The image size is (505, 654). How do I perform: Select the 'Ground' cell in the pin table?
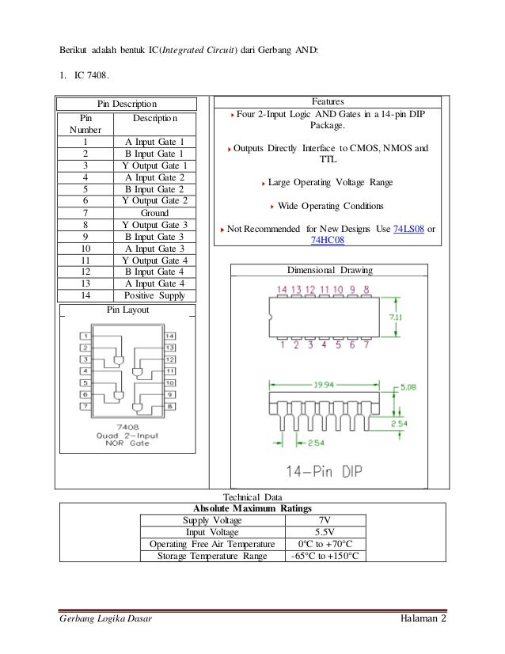(x=154, y=213)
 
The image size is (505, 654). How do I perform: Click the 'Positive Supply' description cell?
(x=154, y=295)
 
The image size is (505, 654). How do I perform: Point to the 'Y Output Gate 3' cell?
(x=154, y=225)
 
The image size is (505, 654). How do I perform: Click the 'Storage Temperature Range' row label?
(x=212, y=555)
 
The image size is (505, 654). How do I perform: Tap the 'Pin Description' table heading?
(x=127, y=103)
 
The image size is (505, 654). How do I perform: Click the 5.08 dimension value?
(x=408, y=388)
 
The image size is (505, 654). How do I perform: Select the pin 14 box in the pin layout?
(x=169, y=336)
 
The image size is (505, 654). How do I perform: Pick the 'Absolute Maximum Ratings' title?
(x=252, y=508)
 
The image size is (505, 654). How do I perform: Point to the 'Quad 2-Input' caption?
(x=128, y=435)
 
